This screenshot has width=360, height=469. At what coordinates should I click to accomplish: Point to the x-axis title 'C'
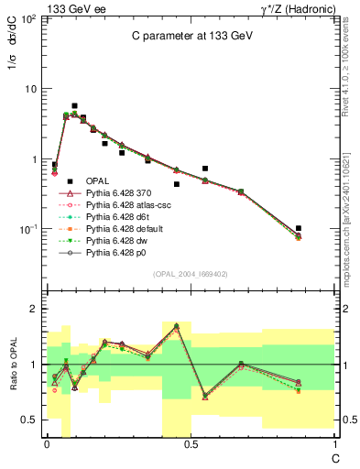tap(334, 455)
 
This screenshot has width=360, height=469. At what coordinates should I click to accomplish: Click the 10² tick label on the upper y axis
tap(29, 18)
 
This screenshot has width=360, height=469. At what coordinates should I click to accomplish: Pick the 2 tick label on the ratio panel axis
tap(32, 309)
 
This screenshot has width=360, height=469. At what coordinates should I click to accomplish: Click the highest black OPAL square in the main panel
tap(74, 106)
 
